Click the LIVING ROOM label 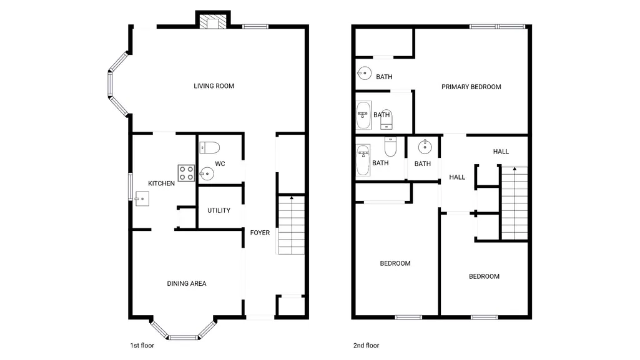214,86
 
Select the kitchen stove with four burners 186,173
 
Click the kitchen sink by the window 142,199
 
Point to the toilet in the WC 210,147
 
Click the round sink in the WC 207,174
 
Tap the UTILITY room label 219,210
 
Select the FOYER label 260,233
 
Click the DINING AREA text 187,284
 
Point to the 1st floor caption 142,345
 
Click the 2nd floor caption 366,345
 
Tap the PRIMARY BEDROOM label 471,87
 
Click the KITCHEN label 161,183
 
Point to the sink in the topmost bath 365,74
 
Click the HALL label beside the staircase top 501,152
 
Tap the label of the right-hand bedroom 484,276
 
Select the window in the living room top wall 255,26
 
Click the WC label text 220,164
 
